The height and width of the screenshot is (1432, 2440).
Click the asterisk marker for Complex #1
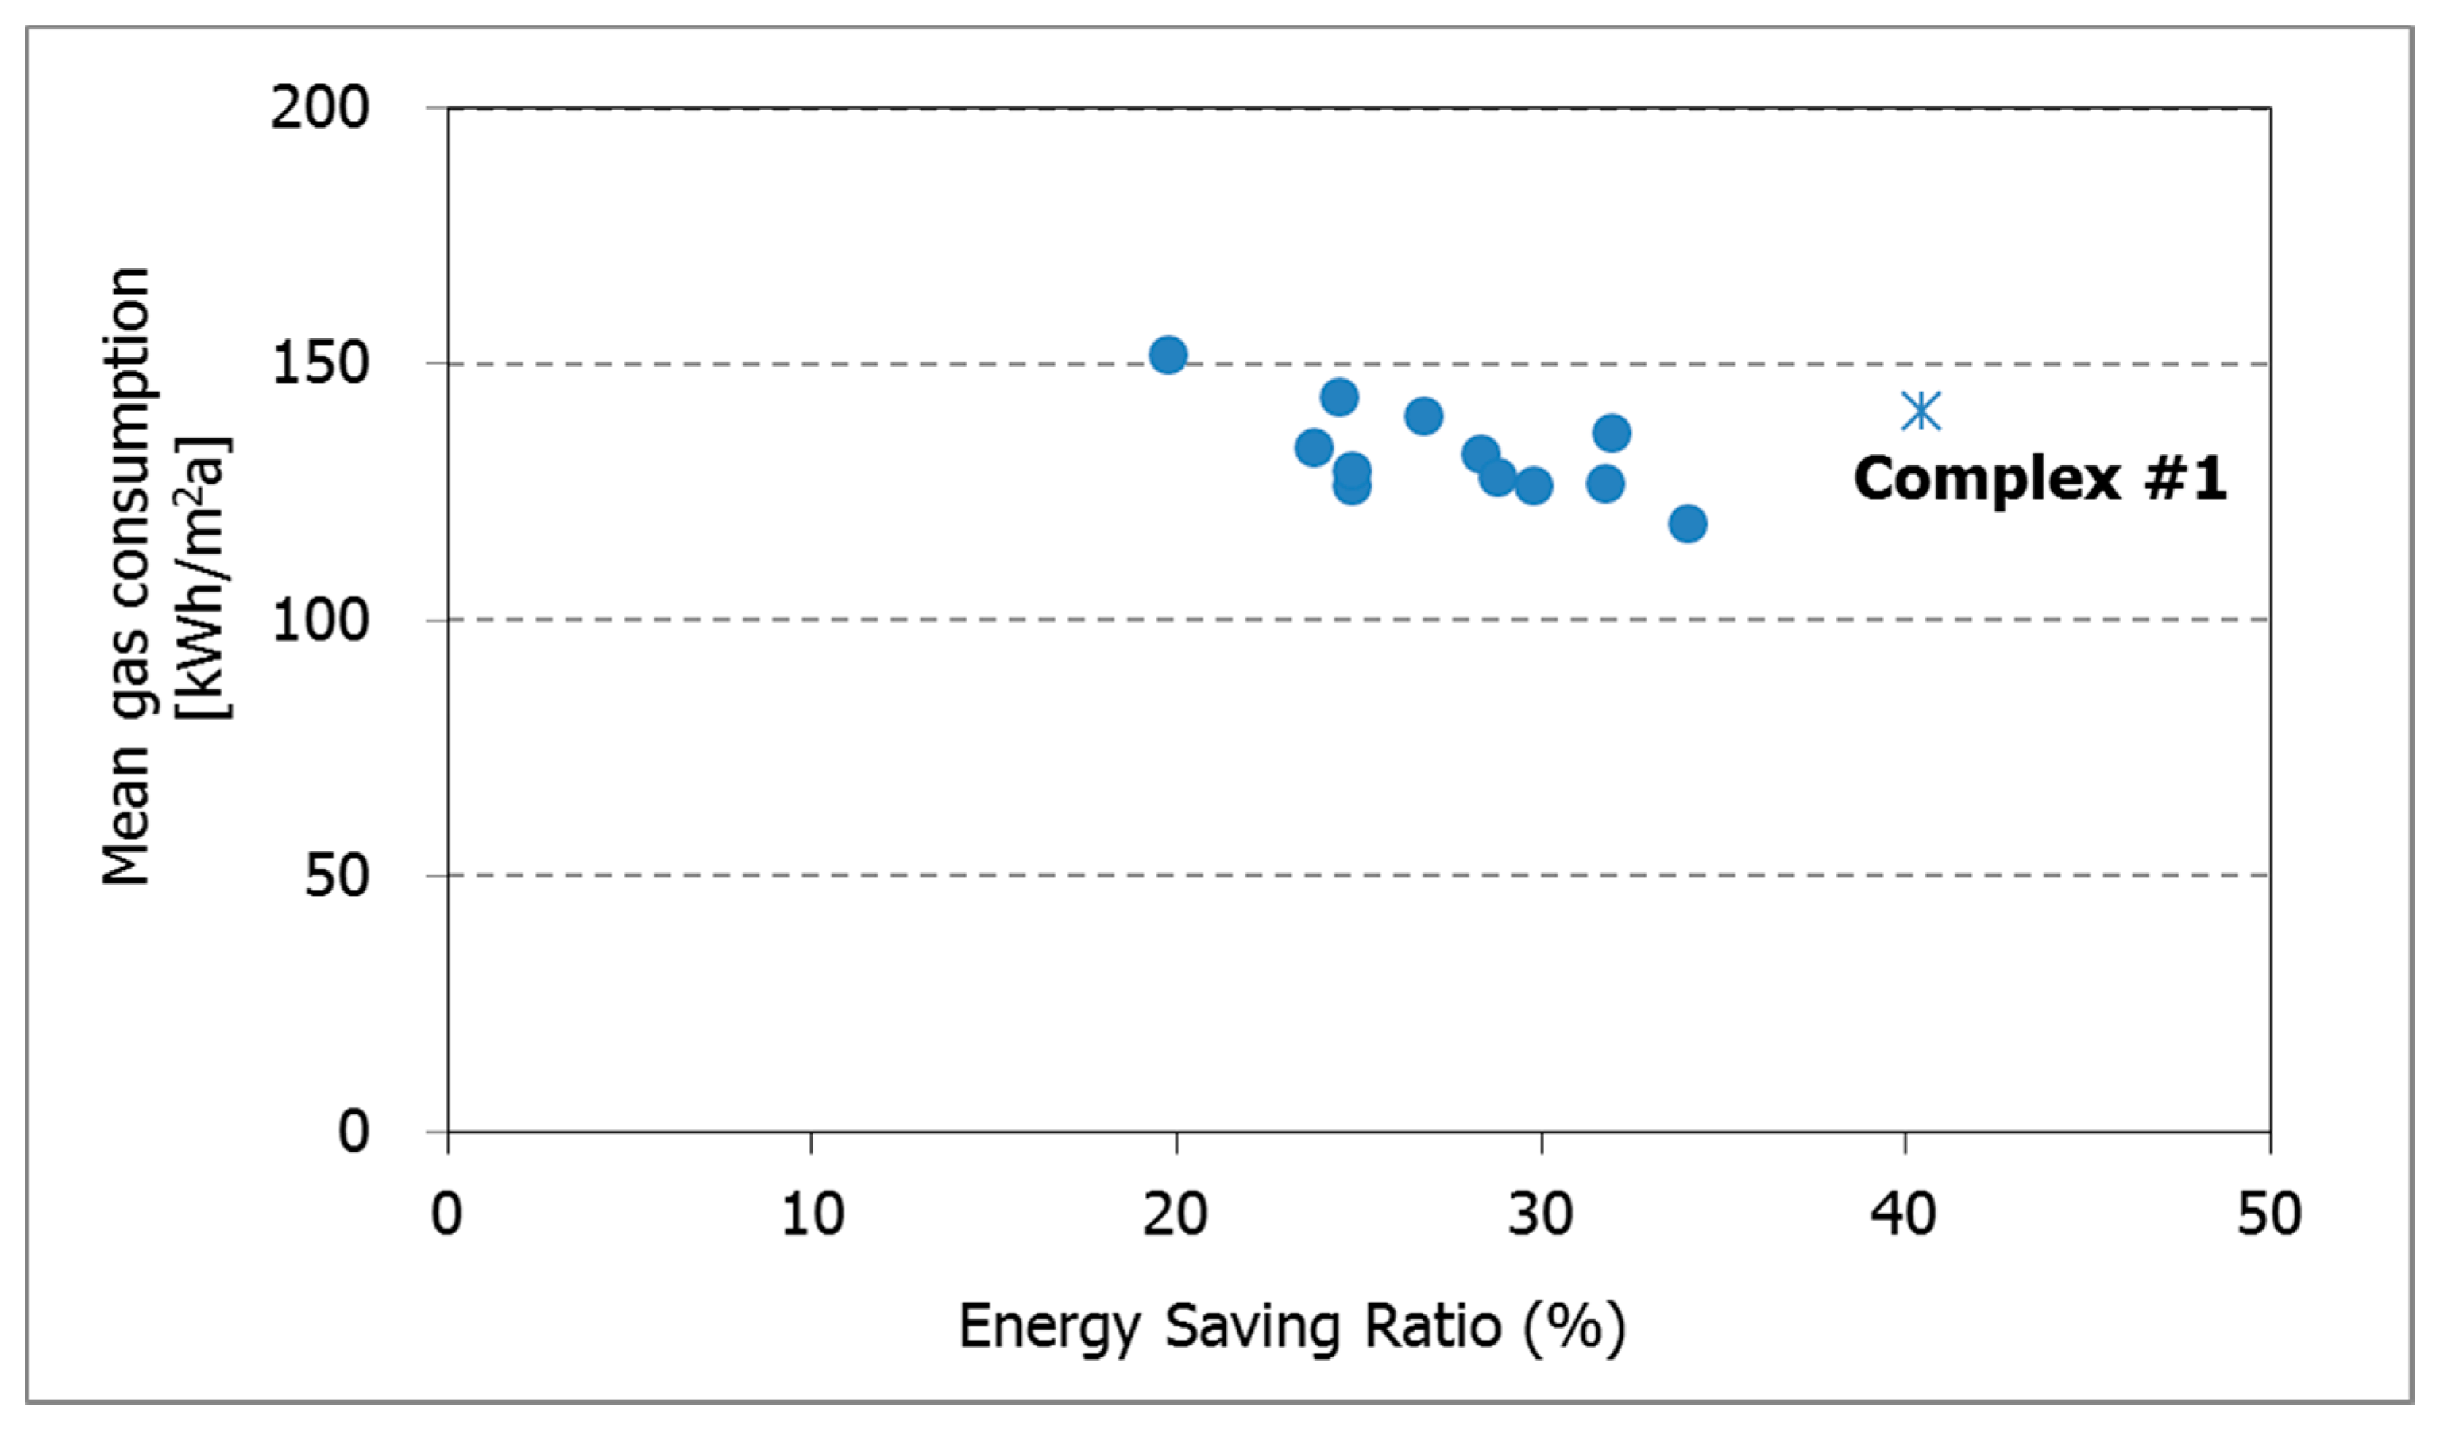click(x=1921, y=411)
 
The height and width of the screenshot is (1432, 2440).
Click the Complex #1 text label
click(x=2039, y=479)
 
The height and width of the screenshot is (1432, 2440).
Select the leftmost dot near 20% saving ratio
click(x=1168, y=355)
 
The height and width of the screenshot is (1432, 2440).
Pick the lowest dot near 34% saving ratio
click(x=1688, y=524)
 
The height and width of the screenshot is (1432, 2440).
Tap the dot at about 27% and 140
click(x=1423, y=416)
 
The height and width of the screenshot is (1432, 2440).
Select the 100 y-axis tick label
click(x=319, y=620)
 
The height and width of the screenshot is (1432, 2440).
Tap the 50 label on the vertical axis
click(x=336, y=875)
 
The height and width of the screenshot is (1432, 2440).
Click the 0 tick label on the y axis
click(x=353, y=1131)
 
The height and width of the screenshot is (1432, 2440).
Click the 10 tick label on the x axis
click(x=812, y=1214)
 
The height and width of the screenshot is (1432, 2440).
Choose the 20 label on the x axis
click(x=1176, y=1214)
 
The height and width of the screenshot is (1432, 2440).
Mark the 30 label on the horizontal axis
click(x=1539, y=1214)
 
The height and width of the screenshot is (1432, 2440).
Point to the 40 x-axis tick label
click(x=1904, y=1214)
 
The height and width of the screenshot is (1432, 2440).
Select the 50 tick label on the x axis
click(x=2268, y=1214)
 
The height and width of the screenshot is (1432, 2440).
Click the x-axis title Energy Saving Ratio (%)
click(x=1291, y=1326)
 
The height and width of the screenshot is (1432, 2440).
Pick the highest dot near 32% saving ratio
click(x=1611, y=433)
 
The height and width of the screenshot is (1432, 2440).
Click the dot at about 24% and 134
click(x=1313, y=447)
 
